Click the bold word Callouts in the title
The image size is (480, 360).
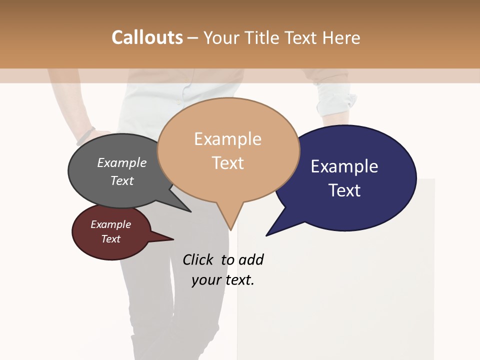pos(147,37)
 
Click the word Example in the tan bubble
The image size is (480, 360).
pos(227,139)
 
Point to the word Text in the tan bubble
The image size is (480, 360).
pos(227,163)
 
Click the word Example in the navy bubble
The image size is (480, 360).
pos(344,166)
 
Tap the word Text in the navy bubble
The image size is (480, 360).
pos(344,190)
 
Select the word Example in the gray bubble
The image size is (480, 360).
pos(122,163)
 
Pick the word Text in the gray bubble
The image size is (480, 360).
pos(122,180)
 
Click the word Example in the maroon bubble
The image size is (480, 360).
pos(110,224)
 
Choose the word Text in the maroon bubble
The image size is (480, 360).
pos(110,239)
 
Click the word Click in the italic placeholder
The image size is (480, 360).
pos(198,259)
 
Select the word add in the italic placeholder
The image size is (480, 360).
pos(250,259)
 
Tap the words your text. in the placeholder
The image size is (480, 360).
pos(223,280)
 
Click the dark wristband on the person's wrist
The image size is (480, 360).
pos(86,135)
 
